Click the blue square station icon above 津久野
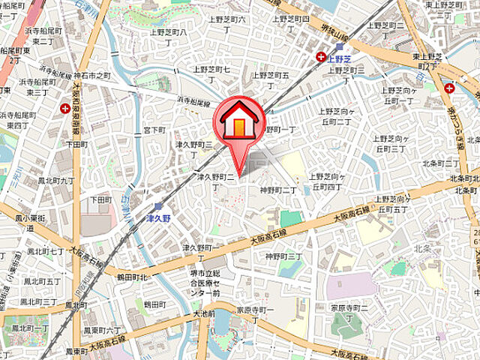[x=158, y=205]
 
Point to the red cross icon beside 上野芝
[x=321, y=56]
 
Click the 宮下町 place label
[x=154, y=130]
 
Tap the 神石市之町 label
[x=92, y=76]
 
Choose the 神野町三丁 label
[x=284, y=256]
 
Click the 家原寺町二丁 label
[x=351, y=307]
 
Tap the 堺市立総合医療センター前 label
[x=206, y=284]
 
